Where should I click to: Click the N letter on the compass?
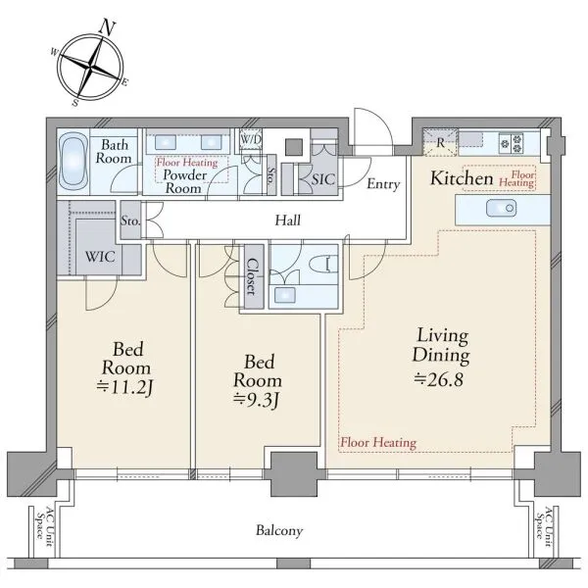coord(108,27)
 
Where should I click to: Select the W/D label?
coord(251,139)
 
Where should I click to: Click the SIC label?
coord(322,179)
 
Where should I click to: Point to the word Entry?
coord(383,184)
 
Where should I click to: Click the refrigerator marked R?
coord(440,142)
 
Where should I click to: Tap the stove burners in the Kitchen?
coord(512,143)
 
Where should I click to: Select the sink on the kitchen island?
coord(502,208)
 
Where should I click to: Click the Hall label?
coord(287,220)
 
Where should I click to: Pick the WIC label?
coord(100,257)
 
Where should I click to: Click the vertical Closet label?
coord(252,276)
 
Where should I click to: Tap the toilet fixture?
coord(325,264)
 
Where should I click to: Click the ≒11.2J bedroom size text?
coord(124,387)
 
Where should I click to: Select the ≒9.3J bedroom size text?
coord(256,400)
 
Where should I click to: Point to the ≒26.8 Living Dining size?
coord(439,379)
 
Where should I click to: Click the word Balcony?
coord(279,531)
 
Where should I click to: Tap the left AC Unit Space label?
coord(44,527)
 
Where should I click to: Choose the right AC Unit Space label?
coord(545,527)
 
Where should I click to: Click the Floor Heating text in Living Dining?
coord(378,443)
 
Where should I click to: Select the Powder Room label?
coord(184,181)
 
